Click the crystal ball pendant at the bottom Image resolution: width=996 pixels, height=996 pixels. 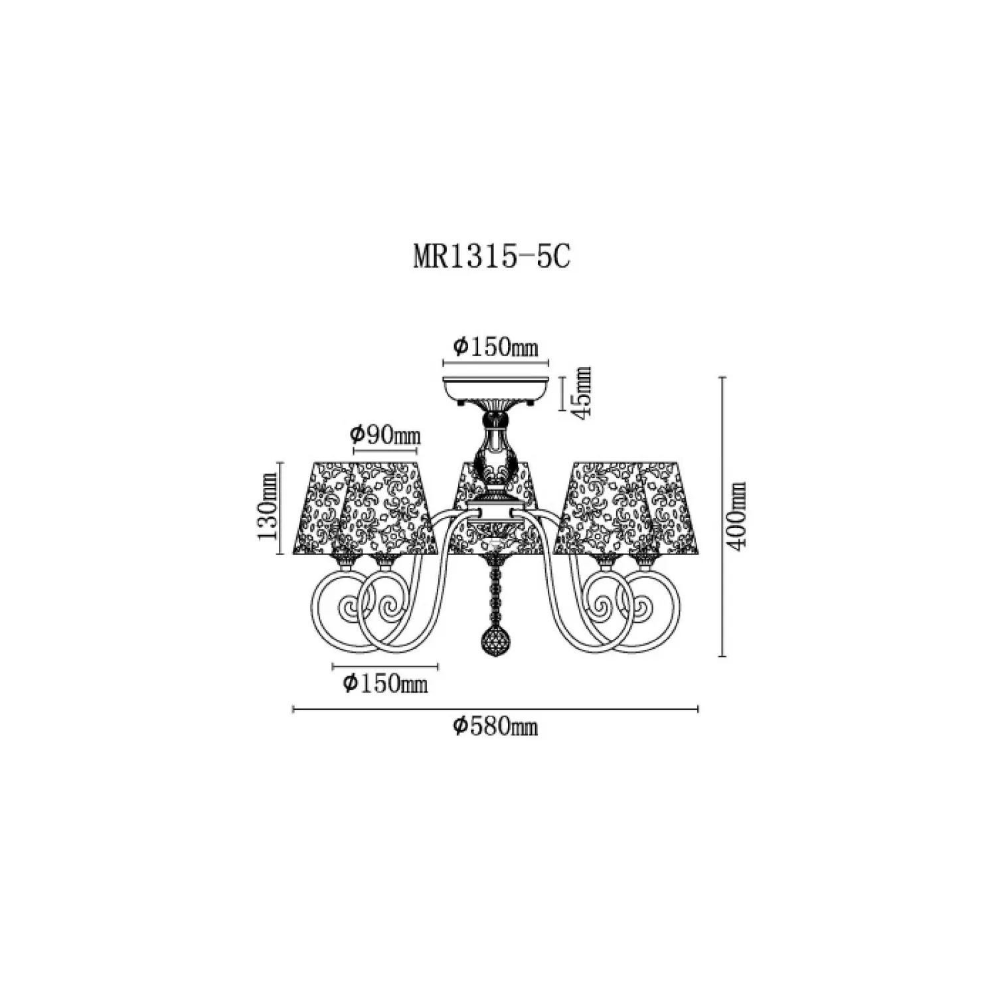tap(493, 641)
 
